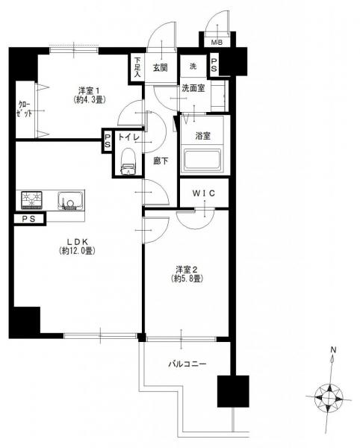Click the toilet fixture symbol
pos(128,161)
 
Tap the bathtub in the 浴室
pos(202,160)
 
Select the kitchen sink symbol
pos(70,201)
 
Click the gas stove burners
pos(31,199)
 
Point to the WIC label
pos(203,193)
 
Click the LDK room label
pos(77,242)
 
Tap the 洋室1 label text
pos(89,91)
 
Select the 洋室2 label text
pos(187,270)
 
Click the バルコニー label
pos(187,364)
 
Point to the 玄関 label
pos(160,68)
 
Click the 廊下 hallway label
pos(161,161)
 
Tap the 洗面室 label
pos(193,88)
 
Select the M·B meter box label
pos(217,43)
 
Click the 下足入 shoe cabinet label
pos(137,67)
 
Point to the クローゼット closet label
pos(25,109)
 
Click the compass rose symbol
pos(329,397)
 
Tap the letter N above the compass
pos(333,349)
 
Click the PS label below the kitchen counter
pos(29,219)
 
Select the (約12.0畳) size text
pos(77,251)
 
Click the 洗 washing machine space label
pos(193,66)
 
